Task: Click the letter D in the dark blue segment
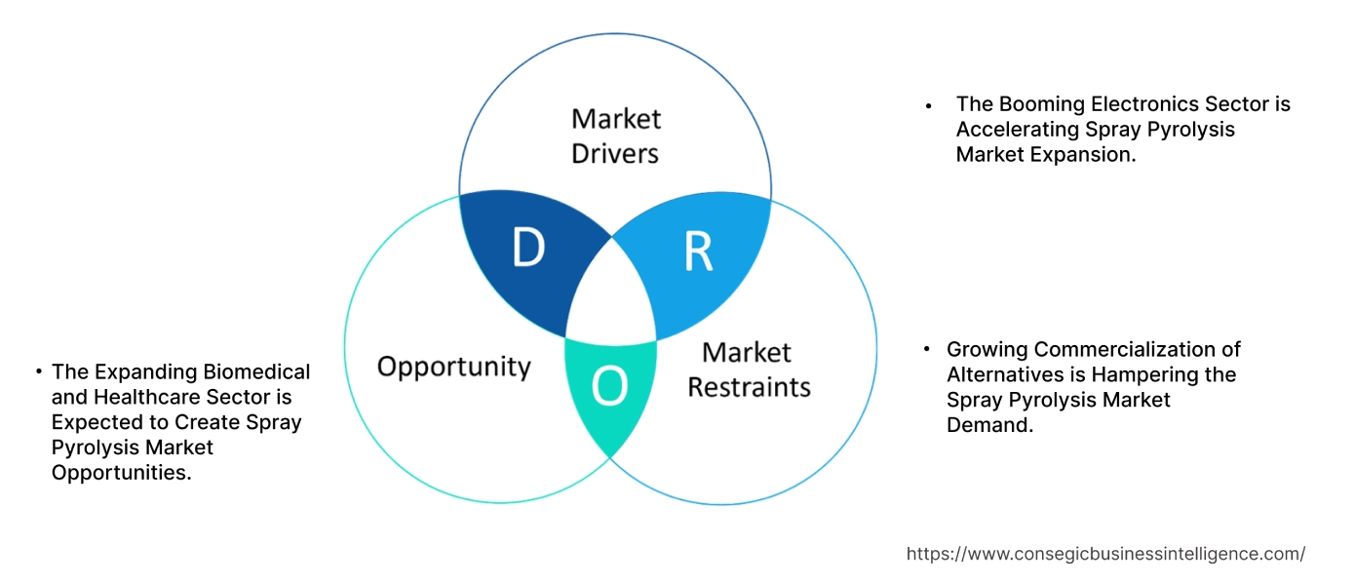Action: tap(527, 250)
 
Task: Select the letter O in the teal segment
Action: tap(610, 387)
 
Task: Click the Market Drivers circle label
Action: tap(615, 136)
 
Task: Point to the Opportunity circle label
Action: tap(453, 367)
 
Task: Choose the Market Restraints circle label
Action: tap(749, 370)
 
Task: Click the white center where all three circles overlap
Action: tap(611, 292)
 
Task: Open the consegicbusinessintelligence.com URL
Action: tap(1105, 554)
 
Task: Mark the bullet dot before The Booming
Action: tap(929, 105)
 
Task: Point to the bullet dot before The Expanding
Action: tap(38, 372)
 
